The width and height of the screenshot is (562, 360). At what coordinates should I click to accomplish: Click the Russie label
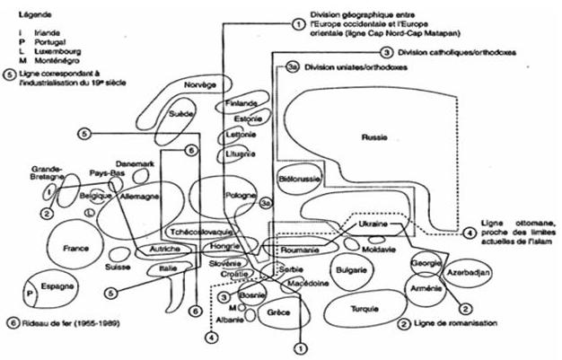tap(374, 137)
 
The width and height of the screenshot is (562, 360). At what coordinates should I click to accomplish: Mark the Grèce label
tap(277, 312)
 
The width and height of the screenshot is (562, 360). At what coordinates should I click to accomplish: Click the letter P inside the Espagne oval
tap(30, 293)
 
